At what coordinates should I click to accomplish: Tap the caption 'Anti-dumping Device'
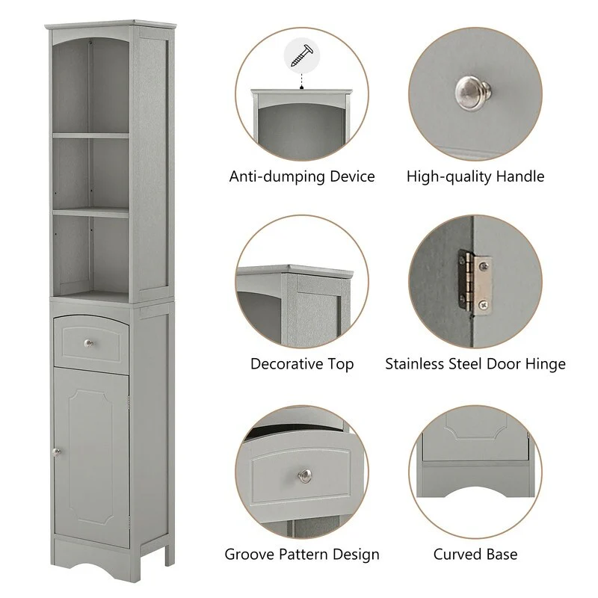click(302, 177)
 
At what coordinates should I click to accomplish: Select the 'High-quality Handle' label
click(475, 177)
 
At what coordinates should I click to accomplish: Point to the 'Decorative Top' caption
click(302, 364)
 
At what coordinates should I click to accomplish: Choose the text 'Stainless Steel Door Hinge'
click(475, 364)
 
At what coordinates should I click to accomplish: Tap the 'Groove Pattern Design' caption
click(302, 555)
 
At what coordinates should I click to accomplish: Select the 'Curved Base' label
click(475, 555)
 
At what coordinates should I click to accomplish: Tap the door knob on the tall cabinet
click(55, 451)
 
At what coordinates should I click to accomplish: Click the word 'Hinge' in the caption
click(545, 364)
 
